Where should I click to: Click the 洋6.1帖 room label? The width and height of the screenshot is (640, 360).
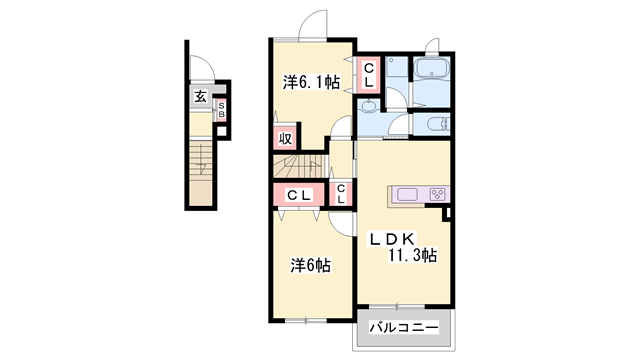coord(311,83)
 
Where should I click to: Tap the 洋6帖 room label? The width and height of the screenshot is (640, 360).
coord(311,265)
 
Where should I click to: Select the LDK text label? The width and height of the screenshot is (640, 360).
coord(392,239)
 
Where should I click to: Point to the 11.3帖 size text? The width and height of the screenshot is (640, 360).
coord(412,256)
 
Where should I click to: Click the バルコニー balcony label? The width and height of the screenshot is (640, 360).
coord(404,327)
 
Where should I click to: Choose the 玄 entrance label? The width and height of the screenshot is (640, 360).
coord(200,97)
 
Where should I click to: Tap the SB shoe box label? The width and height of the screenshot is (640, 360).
coord(221,109)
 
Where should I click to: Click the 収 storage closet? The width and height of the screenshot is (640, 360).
coord(285,139)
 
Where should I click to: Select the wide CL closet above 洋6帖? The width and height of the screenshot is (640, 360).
coord(299,195)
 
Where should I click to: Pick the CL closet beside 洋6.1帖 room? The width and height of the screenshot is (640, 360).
coord(369,75)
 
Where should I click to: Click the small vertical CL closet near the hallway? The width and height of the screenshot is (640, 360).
coord(341,195)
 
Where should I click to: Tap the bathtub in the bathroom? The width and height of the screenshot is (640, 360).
coord(431,68)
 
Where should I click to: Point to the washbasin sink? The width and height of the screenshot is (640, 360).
coord(370,106)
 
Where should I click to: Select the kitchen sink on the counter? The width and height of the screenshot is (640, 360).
coord(407,194)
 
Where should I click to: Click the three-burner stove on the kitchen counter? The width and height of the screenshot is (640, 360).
coord(438,194)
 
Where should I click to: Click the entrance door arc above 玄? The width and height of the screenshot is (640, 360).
coord(202,68)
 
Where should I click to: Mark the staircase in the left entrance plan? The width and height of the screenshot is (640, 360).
coord(201,173)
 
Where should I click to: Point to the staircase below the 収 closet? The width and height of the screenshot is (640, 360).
coord(301,166)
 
